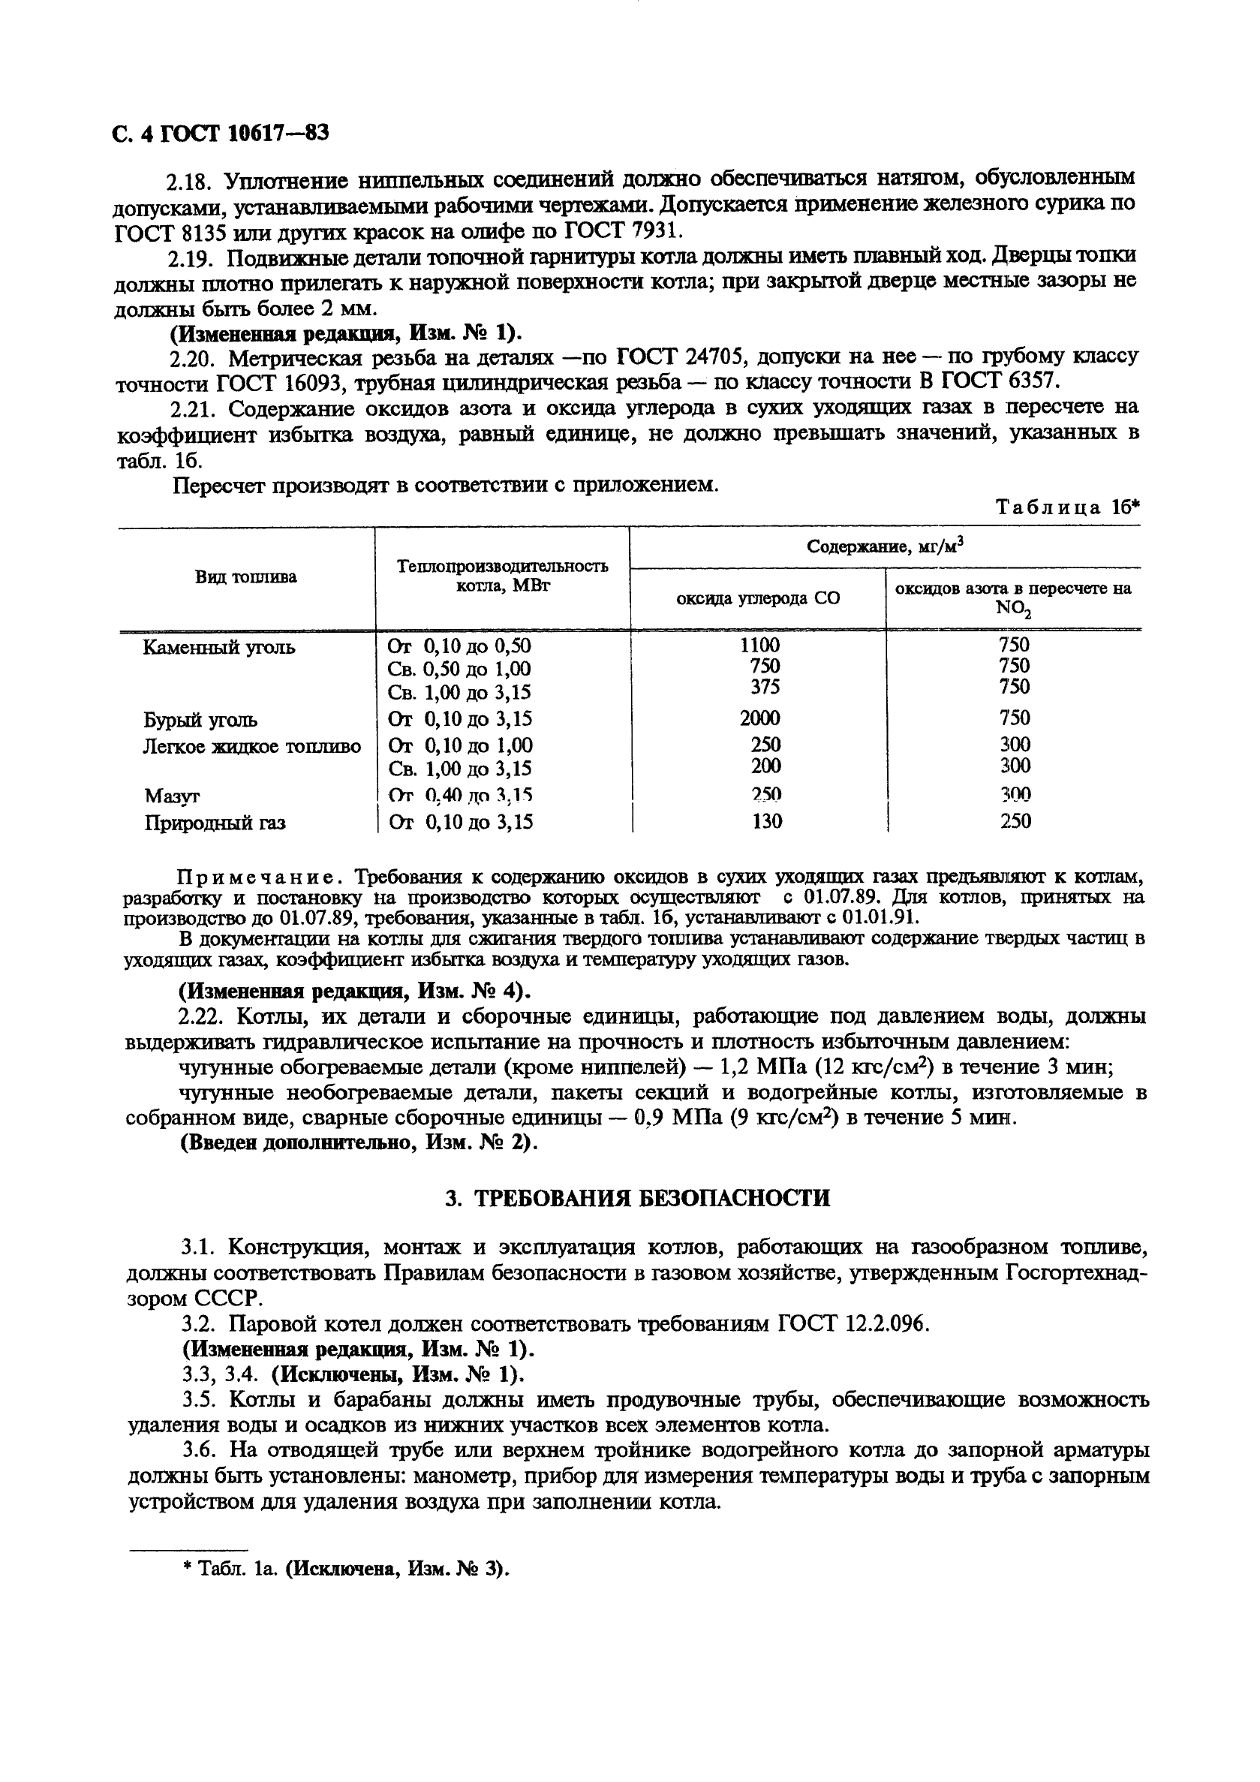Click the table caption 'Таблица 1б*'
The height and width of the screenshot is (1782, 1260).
coord(1067,507)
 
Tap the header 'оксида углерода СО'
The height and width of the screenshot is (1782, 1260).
coord(758,598)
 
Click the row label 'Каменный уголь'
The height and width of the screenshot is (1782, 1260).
coord(219,647)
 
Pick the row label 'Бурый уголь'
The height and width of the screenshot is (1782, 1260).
coord(201,719)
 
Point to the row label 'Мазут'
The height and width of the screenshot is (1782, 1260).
coord(173,796)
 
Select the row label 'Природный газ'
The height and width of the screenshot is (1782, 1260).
coord(215,823)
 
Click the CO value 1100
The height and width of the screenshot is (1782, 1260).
coord(759,645)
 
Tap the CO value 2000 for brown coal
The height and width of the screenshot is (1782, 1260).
coord(759,718)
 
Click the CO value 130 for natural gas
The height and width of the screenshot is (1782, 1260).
coord(766,821)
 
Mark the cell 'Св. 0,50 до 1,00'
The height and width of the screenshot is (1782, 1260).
coord(459,669)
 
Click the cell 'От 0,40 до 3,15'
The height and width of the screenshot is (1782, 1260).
coord(460,796)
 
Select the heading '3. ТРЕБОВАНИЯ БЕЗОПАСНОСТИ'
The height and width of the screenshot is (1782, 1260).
coord(638,1197)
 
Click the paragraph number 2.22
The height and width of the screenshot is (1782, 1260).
coord(203,1016)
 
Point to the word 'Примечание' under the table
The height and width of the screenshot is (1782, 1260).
coord(260,877)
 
